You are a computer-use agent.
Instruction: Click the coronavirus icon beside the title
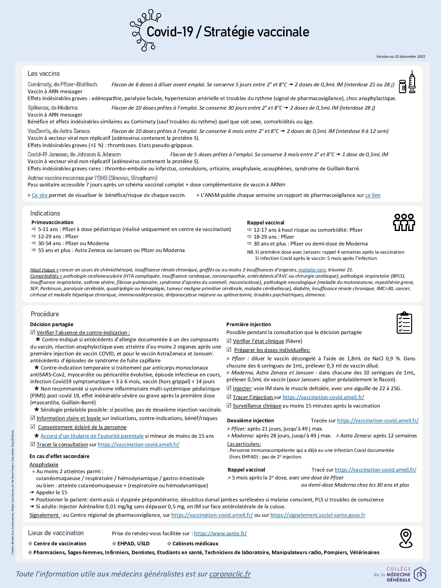144,30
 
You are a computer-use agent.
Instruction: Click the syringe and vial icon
407,82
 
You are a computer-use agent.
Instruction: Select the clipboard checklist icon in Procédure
404,323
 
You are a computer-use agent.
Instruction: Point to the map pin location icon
406,538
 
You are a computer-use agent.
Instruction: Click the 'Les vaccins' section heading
44,73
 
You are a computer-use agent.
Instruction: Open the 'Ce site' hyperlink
40,195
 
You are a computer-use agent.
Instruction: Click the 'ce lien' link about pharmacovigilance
373,195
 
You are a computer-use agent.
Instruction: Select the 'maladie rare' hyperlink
312,270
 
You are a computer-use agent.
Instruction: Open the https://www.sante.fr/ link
220,533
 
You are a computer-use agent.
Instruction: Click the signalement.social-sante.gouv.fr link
318,515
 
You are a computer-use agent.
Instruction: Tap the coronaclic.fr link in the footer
230,574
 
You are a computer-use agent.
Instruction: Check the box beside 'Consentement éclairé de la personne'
33,427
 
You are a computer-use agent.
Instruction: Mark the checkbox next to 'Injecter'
229,388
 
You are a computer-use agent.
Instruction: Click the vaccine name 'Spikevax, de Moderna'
52,108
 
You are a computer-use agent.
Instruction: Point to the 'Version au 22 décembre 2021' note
401,56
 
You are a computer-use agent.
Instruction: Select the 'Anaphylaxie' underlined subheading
44,464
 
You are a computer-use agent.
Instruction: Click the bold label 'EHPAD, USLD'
133,543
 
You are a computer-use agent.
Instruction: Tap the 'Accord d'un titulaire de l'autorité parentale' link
92,436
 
